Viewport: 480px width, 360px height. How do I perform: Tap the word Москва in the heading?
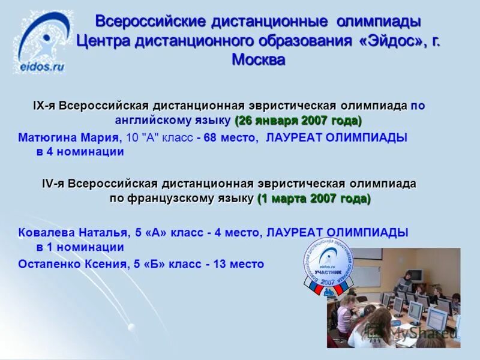point(258,60)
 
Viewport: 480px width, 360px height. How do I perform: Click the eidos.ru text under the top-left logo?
point(41,67)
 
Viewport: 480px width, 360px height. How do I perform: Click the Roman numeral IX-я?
point(45,106)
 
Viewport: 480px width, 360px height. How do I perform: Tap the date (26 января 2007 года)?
point(298,121)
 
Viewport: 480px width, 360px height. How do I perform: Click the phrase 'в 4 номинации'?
point(80,152)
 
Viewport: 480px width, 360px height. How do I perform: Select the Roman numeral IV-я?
point(53,184)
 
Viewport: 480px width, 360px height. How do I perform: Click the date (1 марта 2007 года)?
point(314,199)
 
